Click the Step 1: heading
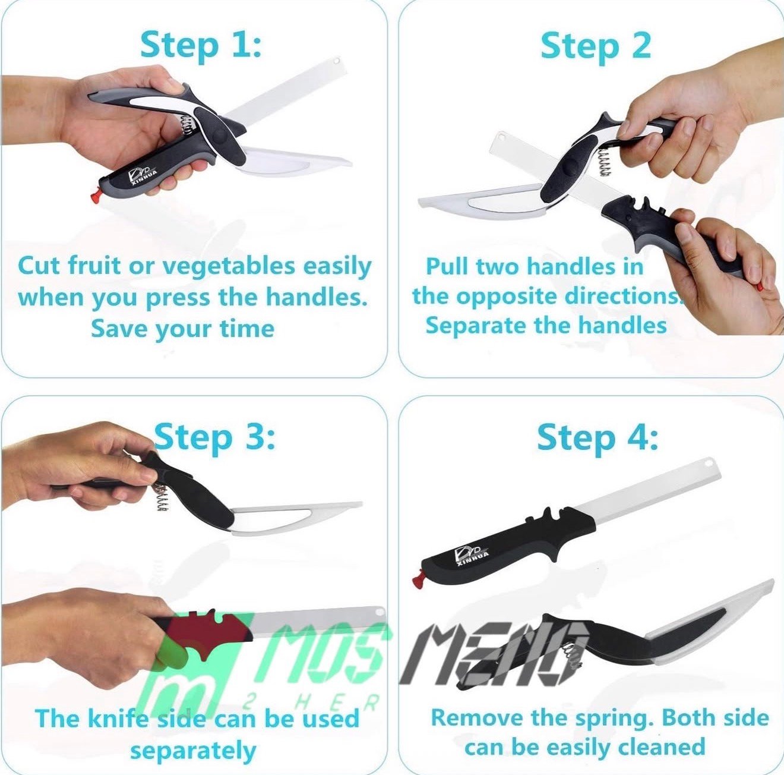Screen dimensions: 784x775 tap(201, 47)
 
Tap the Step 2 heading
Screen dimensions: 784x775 tap(596, 47)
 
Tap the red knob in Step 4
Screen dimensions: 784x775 tap(417, 581)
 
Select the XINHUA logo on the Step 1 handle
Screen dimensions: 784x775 tap(143, 176)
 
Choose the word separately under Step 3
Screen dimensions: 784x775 tap(193, 750)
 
